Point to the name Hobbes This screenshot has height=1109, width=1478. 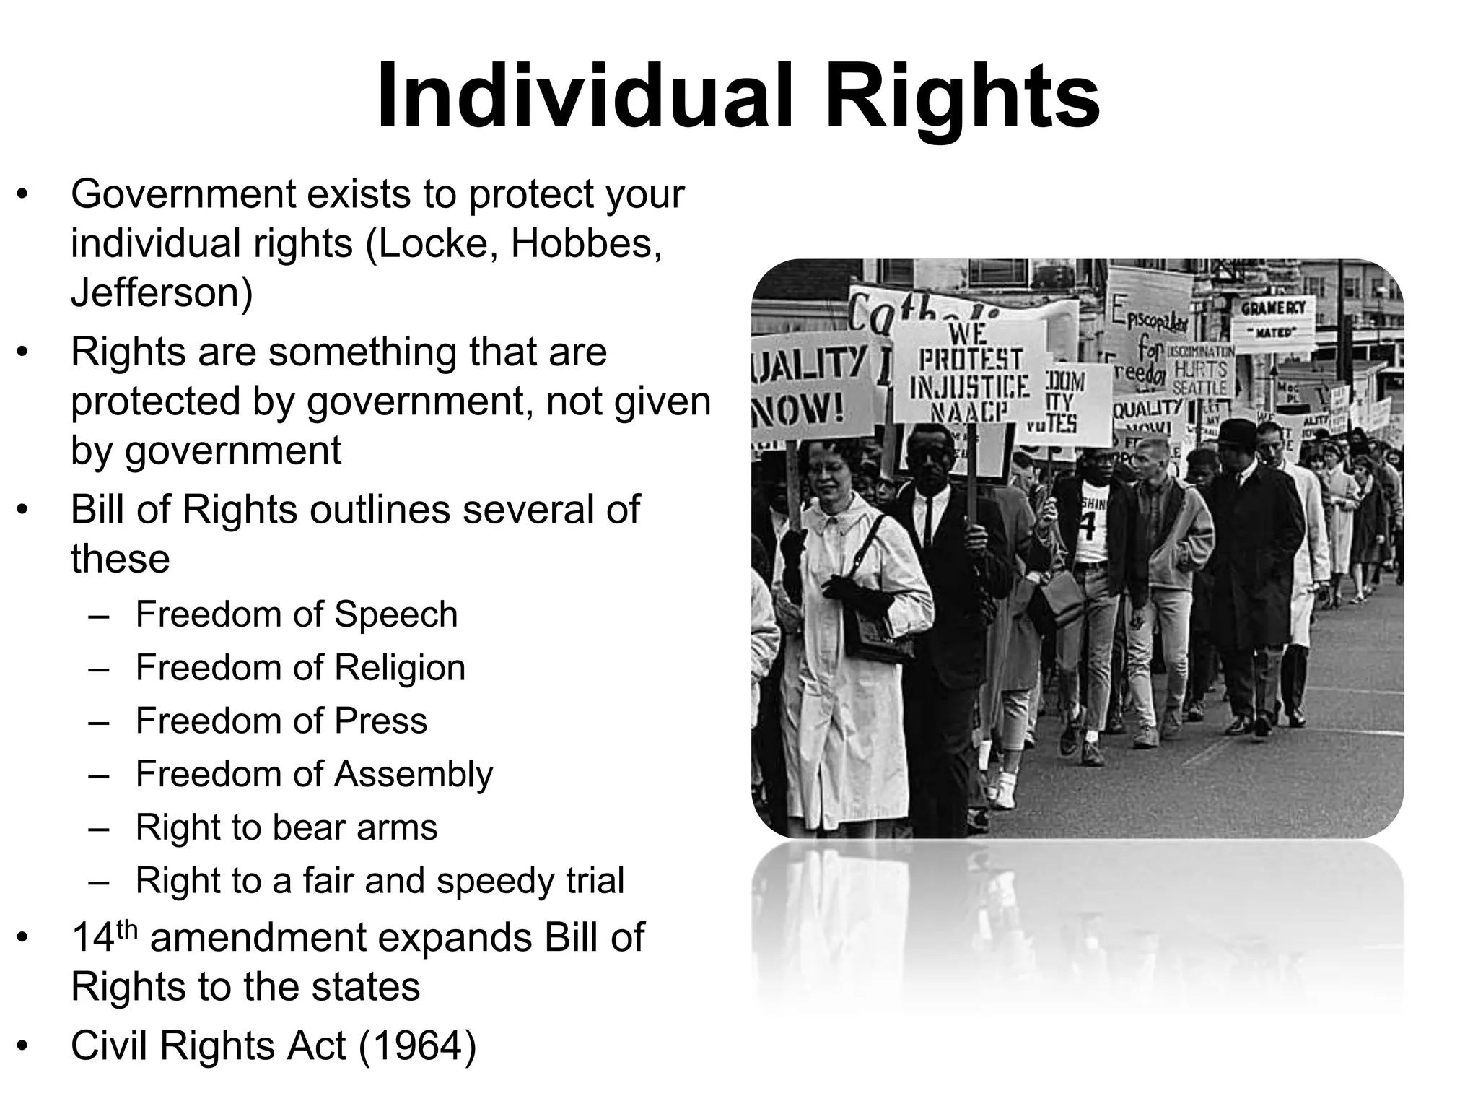[x=585, y=244]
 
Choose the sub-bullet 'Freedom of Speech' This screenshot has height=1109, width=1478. [x=296, y=614]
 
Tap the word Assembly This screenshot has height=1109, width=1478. [x=413, y=774]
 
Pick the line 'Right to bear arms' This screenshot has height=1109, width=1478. [x=287, y=827]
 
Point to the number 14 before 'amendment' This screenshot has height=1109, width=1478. [x=93, y=938]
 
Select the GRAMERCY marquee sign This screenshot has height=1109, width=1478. [x=1274, y=318]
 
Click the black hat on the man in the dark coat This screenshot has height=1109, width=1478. [x=1237, y=432]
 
